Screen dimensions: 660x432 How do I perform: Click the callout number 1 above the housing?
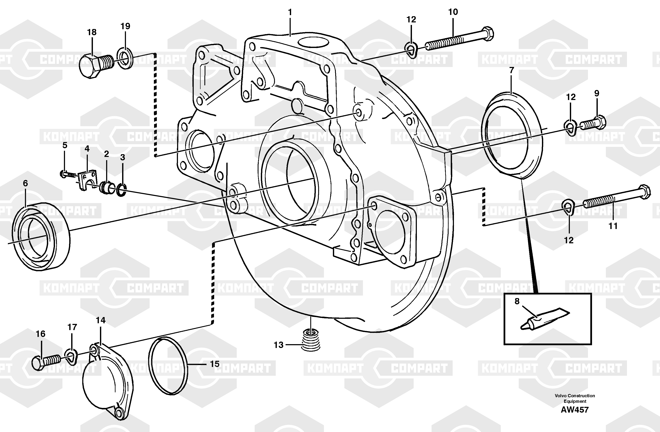pos(290,13)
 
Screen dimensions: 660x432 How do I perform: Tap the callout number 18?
pos(92,32)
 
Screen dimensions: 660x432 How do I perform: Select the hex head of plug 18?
pos(89,66)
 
